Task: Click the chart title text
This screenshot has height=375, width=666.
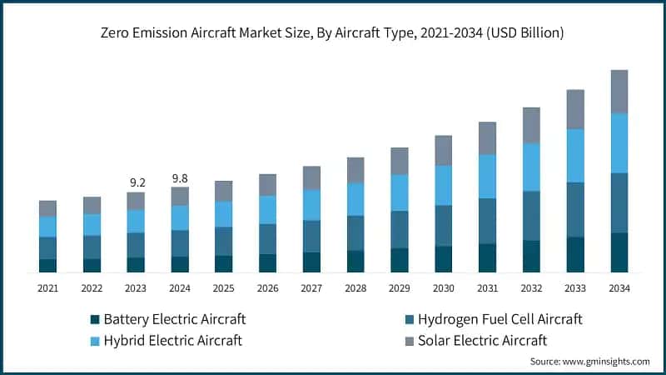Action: pyautogui.click(x=332, y=33)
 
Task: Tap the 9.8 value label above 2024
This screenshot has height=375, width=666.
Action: pyautogui.click(x=180, y=177)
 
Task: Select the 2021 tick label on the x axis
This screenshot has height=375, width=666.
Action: pyautogui.click(x=47, y=288)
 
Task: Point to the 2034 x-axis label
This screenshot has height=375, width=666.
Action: pyautogui.click(x=619, y=288)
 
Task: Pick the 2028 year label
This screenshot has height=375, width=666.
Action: pyautogui.click(x=355, y=288)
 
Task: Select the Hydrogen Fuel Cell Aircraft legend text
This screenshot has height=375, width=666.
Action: pyautogui.click(x=499, y=319)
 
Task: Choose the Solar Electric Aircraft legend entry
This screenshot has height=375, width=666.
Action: pyautogui.click(x=482, y=340)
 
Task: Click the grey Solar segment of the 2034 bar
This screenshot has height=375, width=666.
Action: pyautogui.click(x=619, y=92)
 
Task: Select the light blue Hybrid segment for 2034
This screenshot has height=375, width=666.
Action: pyautogui.click(x=619, y=142)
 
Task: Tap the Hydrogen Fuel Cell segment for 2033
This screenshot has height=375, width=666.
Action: pyautogui.click(x=575, y=209)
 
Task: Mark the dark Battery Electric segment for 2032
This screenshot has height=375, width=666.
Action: pyautogui.click(x=531, y=256)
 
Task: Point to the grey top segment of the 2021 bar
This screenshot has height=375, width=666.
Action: pyautogui.click(x=47, y=208)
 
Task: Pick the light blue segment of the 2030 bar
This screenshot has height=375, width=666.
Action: pyautogui.click(x=443, y=185)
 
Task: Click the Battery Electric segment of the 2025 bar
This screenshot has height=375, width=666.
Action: pyautogui.click(x=223, y=263)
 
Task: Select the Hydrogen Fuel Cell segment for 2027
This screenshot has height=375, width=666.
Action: pyautogui.click(x=311, y=236)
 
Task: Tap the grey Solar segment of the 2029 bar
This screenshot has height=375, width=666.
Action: pyautogui.click(x=400, y=161)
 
